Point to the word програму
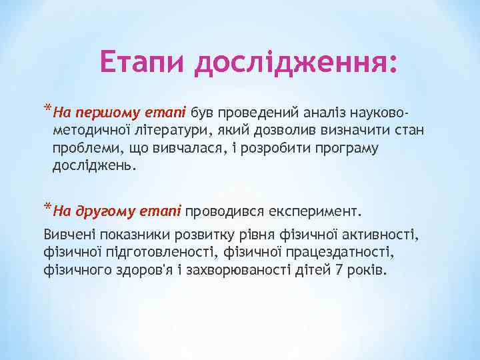[x=341, y=147]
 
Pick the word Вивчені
[x=69, y=235]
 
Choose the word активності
[x=378, y=235]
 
